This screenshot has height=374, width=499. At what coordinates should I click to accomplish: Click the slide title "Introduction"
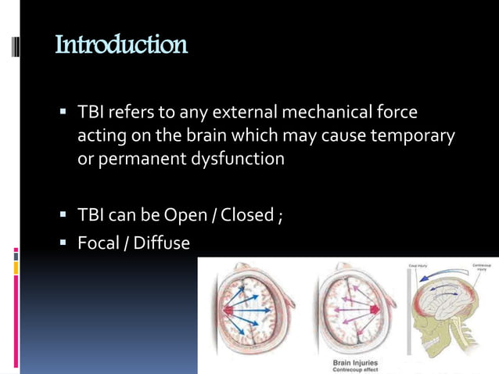[x=121, y=45]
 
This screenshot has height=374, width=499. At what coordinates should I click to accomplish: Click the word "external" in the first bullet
[x=239, y=113]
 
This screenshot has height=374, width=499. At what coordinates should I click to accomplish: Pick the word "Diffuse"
[x=161, y=243]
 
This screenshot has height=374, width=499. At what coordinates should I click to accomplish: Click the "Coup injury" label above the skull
[x=418, y=267]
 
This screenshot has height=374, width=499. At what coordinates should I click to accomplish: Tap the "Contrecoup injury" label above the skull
[x=481, y=268]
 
